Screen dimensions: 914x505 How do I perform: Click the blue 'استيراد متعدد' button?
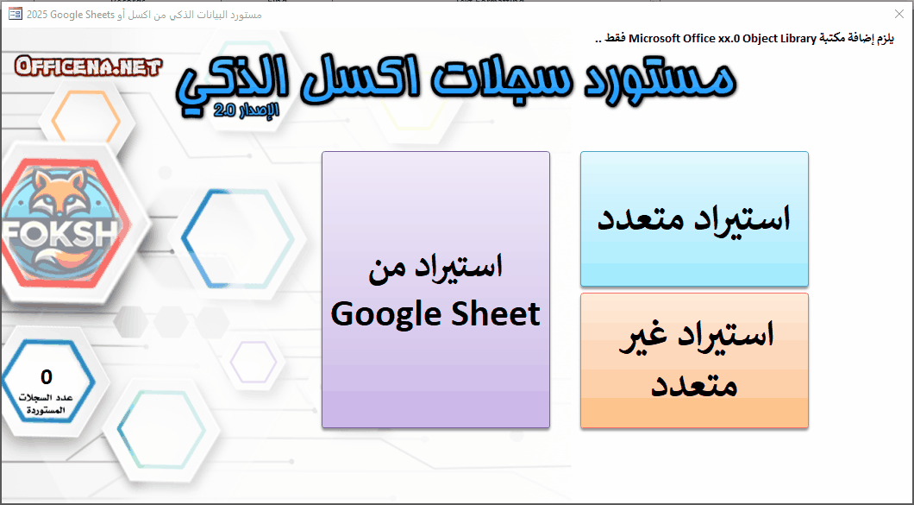point(694,219)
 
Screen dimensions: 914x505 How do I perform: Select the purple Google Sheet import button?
point(435,289)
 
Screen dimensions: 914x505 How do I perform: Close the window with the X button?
point(899,14)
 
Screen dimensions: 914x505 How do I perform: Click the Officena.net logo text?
point(88,66)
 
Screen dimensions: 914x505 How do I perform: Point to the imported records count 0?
point(47,376)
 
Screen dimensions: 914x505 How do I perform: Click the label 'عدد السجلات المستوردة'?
point(47,404)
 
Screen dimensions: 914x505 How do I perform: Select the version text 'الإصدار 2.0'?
point(247,110)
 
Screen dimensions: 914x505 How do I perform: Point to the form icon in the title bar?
point(16,14)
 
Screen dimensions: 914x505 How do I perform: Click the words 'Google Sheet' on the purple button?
point(435,314)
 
